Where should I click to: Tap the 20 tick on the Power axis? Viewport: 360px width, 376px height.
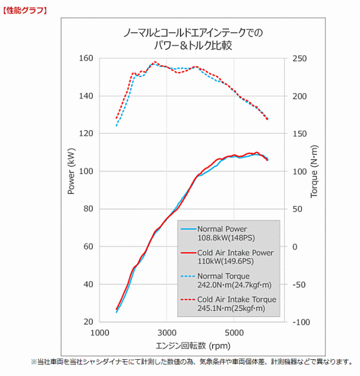[87, 322]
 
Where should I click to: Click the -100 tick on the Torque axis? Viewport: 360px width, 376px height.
[303, 322]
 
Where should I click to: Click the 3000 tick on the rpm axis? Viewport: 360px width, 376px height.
[167, 332]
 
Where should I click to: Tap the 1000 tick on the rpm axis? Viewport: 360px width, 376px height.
[100, 332]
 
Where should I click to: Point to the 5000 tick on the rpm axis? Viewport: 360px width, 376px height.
[235, 332]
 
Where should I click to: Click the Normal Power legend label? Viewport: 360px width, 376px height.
[222, 229]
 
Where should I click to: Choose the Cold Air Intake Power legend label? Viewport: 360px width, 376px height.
[235, 253]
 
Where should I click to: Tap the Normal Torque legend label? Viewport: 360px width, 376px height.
[223, 276]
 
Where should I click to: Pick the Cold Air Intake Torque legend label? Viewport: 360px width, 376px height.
[236, 300]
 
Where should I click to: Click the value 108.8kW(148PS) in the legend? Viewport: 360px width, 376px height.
[226, 238]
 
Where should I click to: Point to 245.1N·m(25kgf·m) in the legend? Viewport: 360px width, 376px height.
[231, 308]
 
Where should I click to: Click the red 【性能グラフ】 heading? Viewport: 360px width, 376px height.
[24, 10]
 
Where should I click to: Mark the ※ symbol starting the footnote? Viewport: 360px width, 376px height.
[33, 361]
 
